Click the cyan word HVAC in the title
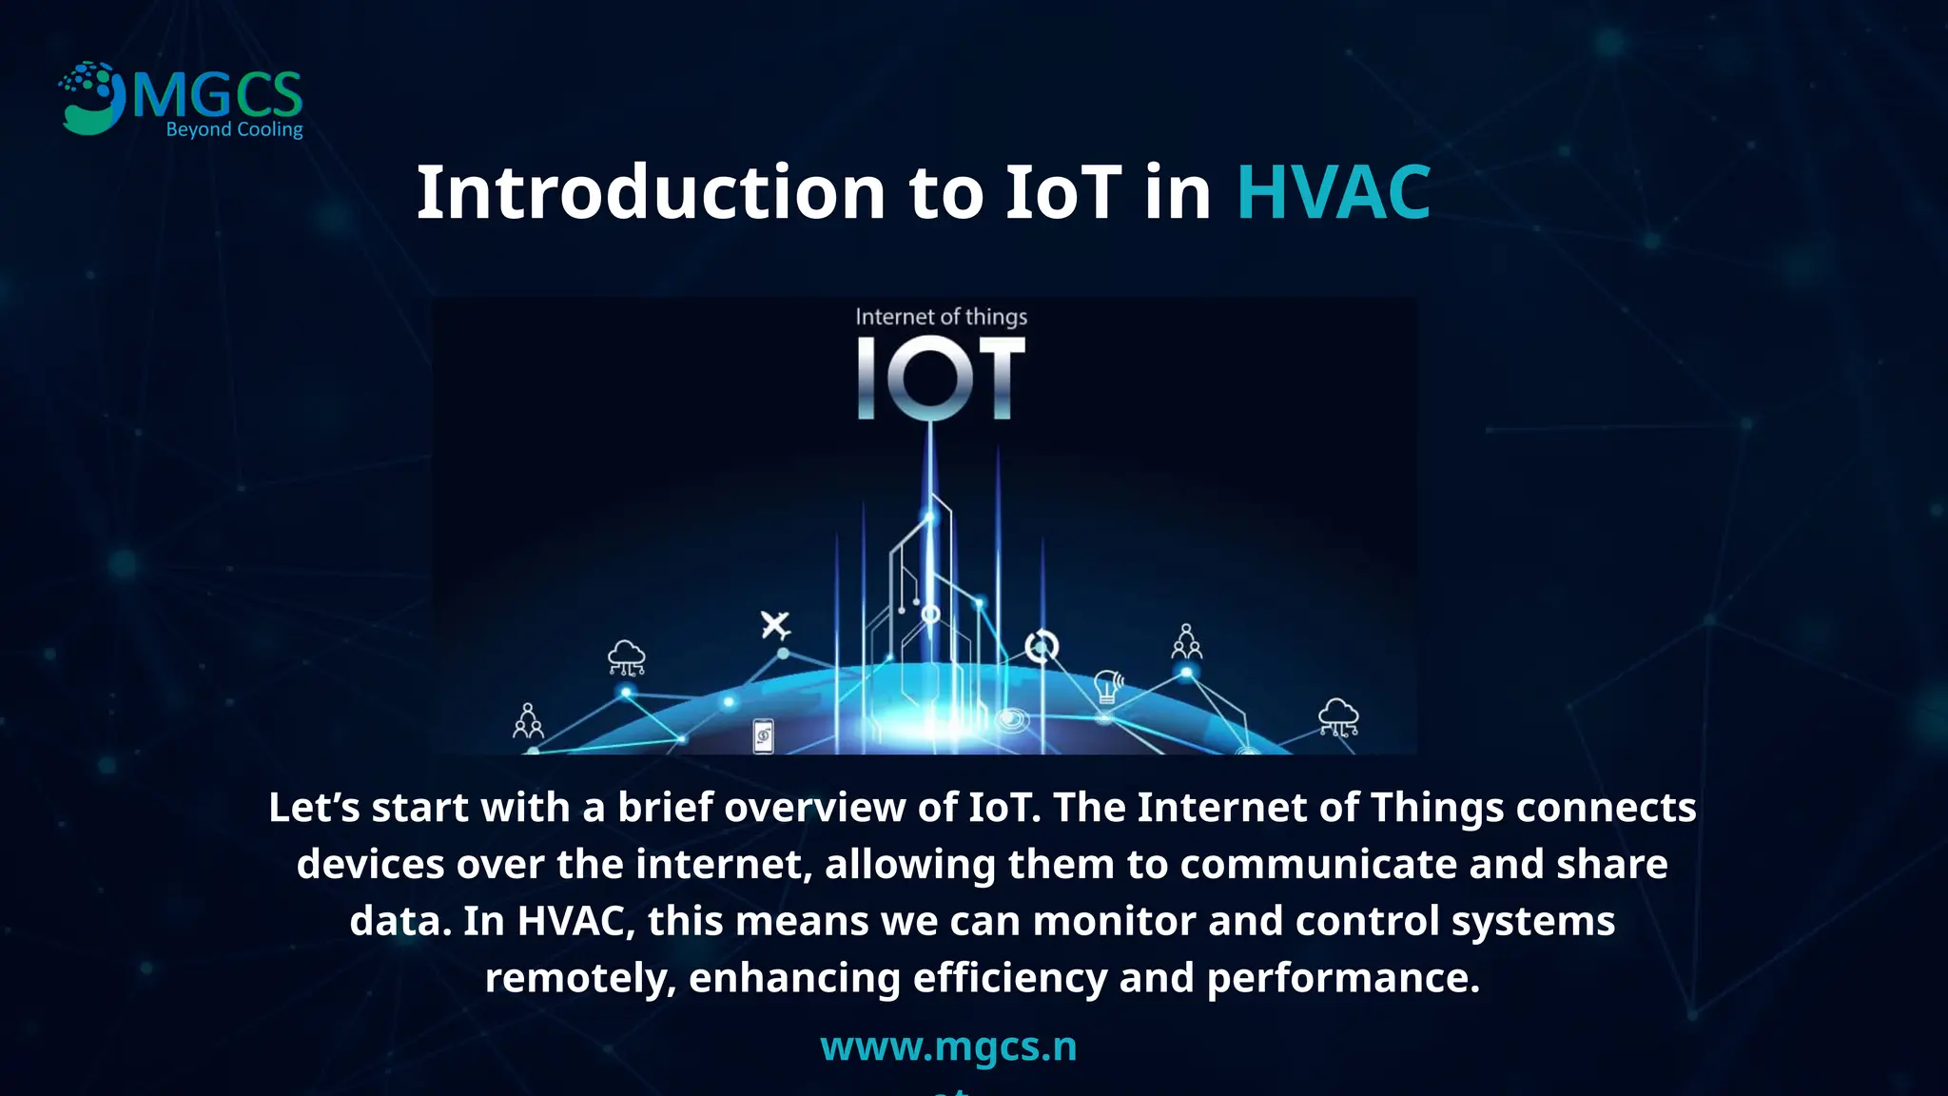coord(1333,193)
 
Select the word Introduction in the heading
coord(651,193)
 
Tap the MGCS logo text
coord(218,96)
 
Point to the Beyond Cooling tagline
coord(234,129)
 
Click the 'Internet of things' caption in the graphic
coord(941,317)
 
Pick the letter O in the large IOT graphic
coord(937,379)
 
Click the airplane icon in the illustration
coord(775,625)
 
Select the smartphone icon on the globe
coord(763,736)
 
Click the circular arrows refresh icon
coord(1042,647)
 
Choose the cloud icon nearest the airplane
coord(626,656)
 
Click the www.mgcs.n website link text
coord(948,1047)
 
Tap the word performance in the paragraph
coord(1342,979)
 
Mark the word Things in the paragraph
coord(1436,808)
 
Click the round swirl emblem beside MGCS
coord(91,98)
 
